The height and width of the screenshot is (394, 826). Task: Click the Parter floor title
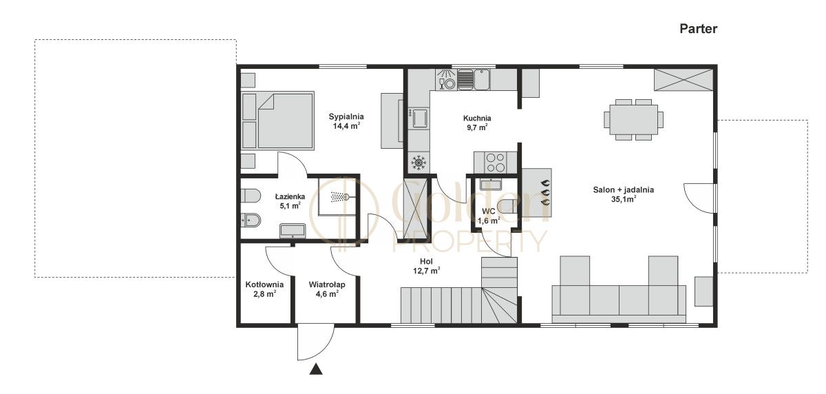(x=698, y=29)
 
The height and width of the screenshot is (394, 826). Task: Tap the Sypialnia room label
(x=346, y=116)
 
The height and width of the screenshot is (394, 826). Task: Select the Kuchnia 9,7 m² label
(x=477, y=123)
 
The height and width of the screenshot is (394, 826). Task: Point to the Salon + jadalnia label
(x=623, y=190)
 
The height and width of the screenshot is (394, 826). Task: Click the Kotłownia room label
(x=264, y=284)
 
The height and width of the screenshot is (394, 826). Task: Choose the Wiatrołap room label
(x=327, y=284)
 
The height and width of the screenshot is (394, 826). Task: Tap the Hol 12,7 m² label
(x=426, y=266)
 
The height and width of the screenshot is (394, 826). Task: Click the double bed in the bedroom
(x=277, y=121)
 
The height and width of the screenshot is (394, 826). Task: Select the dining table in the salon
(x=633, y=120)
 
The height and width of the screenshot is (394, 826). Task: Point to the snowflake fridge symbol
(x=419, y=163)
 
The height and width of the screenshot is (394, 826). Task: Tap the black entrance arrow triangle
(x=316, y=369)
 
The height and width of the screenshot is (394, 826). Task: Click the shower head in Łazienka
(x=339, y=196)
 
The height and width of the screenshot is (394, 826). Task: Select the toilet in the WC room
(x=507, y=206)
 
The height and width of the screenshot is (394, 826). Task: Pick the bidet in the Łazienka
(x=251, y=220)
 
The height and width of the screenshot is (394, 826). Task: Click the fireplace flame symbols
(x=545, y=192)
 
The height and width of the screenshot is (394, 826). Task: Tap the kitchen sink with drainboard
(x=474, y=79)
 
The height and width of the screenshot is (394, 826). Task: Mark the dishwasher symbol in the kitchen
(x=446, y=79)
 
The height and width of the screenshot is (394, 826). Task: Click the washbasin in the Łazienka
(x=293, y=231)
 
